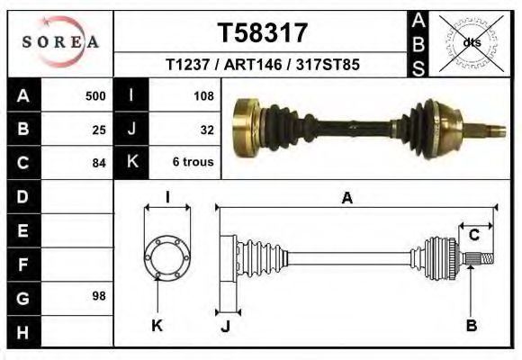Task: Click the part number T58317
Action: pyautogui.click(x=263, y=33)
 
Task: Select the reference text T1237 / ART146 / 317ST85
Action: pyautogui.click(x=263, y=66)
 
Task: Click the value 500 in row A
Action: pyautogui.click(x=95, y=95)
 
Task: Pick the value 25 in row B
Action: pyautogui.click(x=99, y=129)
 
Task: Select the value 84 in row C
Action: pyautogui.click(x=99, y=163)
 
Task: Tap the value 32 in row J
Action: pyautogui.click(x=206, y=129)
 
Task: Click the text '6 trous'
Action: pyautogui.click(x=193, y=163)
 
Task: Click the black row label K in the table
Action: pyautogui.click(x=131, y=163)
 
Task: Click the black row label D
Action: pyautogui.click(x=22, y=196)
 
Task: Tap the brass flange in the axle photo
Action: pyautogui.click(x=244, y=130)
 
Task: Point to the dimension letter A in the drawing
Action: pyautogui.click(x=346, y=199)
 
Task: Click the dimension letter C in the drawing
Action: pyautogui.click(x=473, y=236)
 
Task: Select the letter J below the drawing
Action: pyautogui.click(x=226, y=325)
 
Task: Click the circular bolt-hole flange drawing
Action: pyautogui.click(x=167, y=257)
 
